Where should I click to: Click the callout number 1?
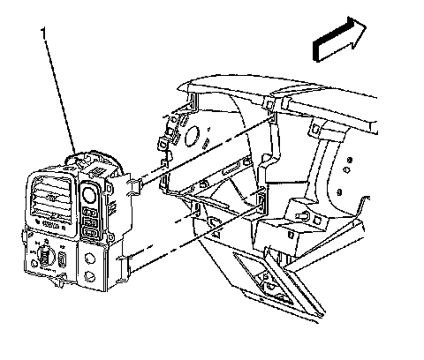[43, 33]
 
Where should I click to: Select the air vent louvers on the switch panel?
[50, 196]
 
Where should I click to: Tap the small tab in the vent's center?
[52, 199]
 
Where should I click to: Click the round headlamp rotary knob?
[45, 255]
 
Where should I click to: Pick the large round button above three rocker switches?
[89, 195]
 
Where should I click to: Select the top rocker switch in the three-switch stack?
[89, 212]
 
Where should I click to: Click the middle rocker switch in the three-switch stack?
[90, 221]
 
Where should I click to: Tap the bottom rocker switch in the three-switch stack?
[90, 232]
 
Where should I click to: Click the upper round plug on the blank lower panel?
[89, 259]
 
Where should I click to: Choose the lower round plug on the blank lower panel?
[89, 276]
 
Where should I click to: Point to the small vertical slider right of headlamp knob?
[63, 259]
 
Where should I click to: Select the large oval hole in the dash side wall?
[192, 136]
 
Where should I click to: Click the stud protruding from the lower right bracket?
[303, 216]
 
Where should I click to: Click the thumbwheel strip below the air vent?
[50, 224]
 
